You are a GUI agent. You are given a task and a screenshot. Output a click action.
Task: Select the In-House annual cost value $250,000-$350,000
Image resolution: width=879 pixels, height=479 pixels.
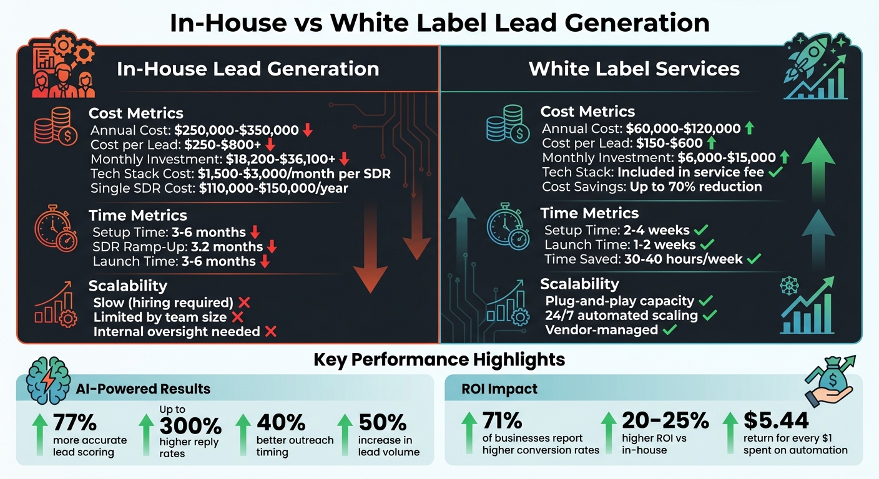coord(237,130)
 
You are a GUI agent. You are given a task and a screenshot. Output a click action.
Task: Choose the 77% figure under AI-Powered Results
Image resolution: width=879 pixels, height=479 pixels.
coord(75,422)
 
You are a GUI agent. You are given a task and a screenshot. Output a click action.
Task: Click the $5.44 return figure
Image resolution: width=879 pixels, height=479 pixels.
coord(776,420)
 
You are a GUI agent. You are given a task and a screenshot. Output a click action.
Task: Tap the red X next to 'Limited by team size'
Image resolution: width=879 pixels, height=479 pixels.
coord(237,317)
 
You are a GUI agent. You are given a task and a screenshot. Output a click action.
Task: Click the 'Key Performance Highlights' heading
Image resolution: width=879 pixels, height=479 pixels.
coord(439,359)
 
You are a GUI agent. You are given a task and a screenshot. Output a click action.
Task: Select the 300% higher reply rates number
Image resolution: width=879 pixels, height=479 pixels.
coord(190,426)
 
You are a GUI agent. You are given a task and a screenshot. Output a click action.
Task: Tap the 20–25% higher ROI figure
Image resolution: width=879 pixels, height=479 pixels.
coord(665,420)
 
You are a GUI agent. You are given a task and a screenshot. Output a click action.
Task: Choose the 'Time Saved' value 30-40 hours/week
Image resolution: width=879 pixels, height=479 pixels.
coord(684,259)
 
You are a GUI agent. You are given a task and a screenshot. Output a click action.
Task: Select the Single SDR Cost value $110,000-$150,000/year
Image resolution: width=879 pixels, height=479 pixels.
coord(273,188)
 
